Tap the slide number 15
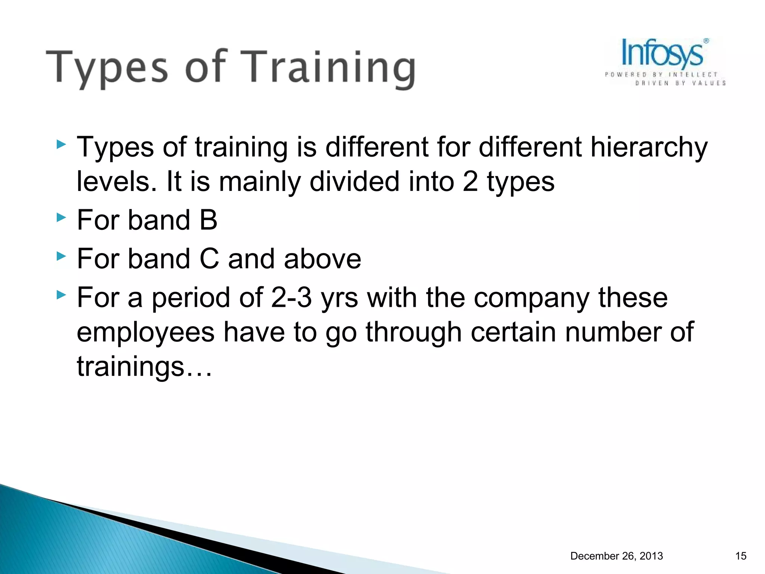(740, 556)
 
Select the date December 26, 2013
(616, 556)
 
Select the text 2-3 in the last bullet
(291, 298)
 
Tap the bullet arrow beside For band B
(61, 217)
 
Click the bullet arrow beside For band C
(61, 256)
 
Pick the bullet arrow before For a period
(61, 295)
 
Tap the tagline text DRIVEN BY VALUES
(680, 83)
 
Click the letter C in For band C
(209, 259)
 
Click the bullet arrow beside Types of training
(61, 144)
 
